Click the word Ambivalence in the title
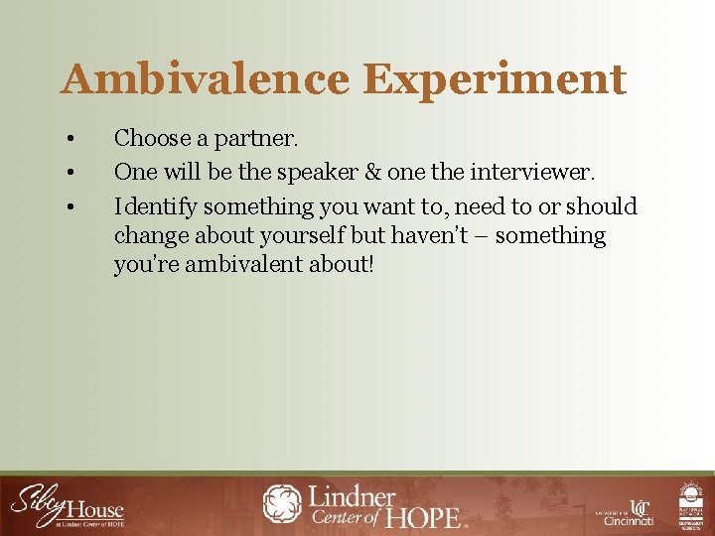click(x=203, y=79)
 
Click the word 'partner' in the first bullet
click(x=235, y=139)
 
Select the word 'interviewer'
click(x=536, y=172)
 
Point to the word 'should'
click(x=601, y=206)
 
